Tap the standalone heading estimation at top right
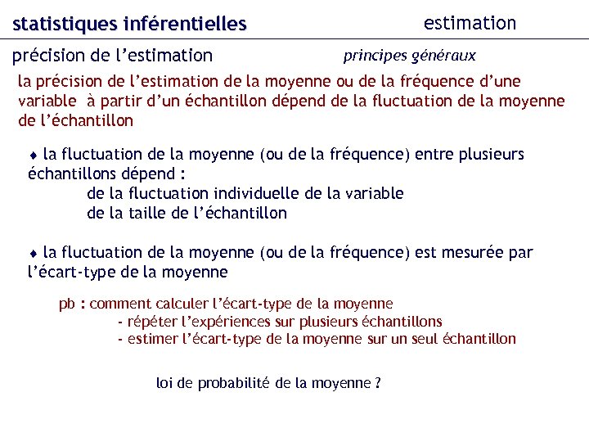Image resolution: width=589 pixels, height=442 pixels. [x=470, y=23]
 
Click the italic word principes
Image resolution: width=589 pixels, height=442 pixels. [x=375, y=56]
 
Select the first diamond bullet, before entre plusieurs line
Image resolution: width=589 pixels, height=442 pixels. [x=34, y=155]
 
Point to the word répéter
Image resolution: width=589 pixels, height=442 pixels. [x=151, y=321]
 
